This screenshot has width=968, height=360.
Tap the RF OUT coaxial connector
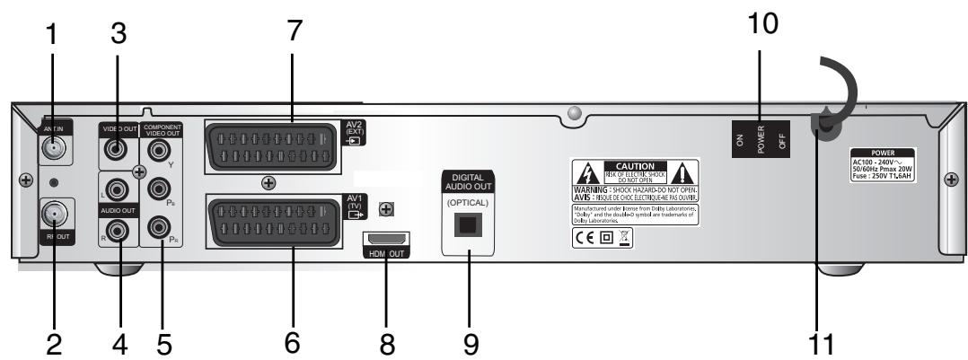point(53,217)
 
